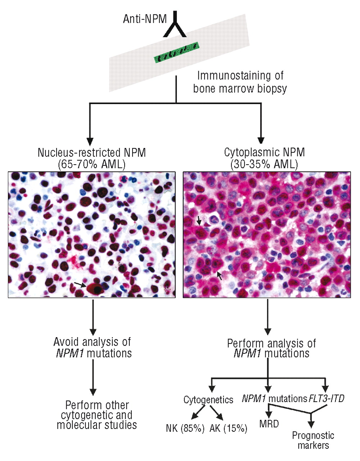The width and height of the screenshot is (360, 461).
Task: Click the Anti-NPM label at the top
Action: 145,19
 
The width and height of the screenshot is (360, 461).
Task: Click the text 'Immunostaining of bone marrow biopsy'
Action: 240,82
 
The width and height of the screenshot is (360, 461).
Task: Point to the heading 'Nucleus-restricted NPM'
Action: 92,153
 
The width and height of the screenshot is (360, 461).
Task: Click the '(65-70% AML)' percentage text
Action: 91,165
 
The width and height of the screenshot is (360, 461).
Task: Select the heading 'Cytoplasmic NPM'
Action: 264,153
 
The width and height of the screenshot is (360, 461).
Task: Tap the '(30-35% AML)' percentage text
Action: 264,165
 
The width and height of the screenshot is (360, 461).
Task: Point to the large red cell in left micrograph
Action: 96,288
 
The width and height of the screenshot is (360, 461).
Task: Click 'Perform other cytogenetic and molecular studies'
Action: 97,415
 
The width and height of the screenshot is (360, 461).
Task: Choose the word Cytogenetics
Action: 208,400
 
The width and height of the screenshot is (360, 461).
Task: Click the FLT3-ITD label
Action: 327,399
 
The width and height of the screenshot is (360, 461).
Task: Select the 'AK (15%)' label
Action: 229,429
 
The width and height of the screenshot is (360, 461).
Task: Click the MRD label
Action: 269,424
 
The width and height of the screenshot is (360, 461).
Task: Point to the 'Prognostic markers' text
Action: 313,440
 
